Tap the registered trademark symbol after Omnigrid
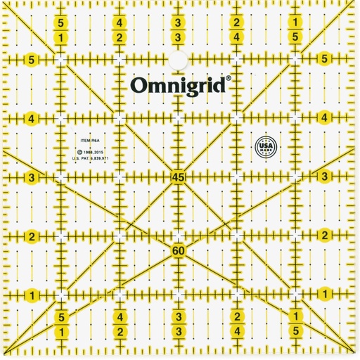(x=229, y=79)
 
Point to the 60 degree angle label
(x=178, y=250)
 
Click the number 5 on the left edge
(x=32, y=60)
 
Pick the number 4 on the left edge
(x=32, y=118)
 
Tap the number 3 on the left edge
(x=32, y=176)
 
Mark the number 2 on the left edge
(x=32, y=235)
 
